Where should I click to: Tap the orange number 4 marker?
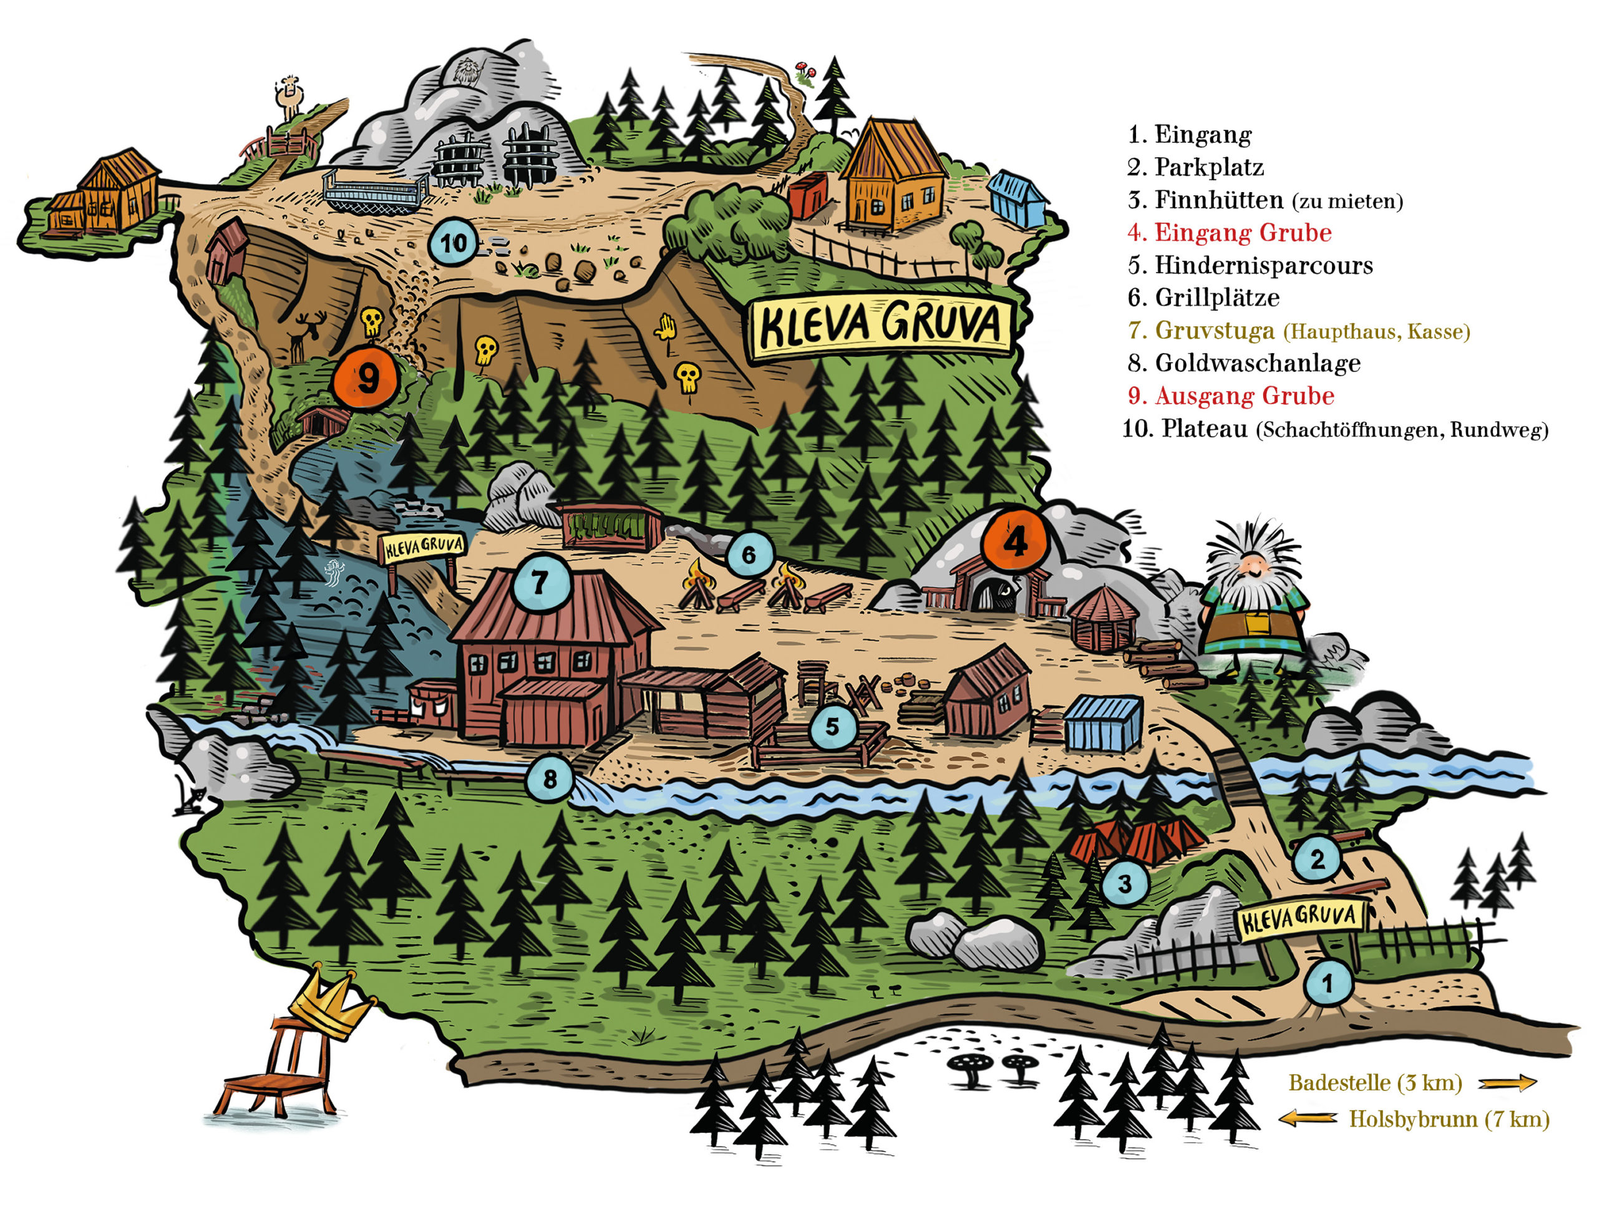(1015, 540)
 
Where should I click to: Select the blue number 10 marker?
(453, 243)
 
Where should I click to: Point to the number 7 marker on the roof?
(539, 582)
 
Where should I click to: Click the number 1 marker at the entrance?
(1327, 983)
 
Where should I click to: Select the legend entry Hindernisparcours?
(1250, 264)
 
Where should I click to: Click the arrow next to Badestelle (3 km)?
(1507, 1083)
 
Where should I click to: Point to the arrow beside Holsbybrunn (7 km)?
(1308, 1119)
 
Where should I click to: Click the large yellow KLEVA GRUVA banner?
(880, 326)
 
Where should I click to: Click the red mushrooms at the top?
(806, 70)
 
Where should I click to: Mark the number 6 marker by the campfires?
(748, 555)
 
